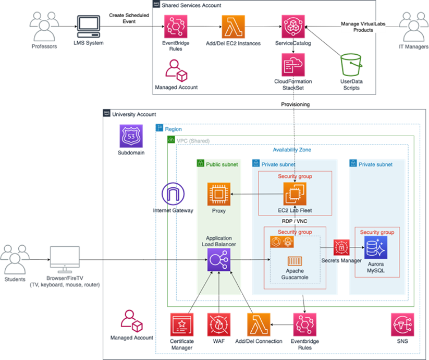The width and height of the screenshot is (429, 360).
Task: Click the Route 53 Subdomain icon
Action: pyautogui.click(x=131, y=136)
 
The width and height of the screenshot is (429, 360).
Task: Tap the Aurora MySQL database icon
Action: pyautogui.click(x=376, y=247)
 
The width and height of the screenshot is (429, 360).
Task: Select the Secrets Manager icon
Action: pyautogui.click(x=341, y=247)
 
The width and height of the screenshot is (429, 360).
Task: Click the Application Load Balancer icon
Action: pyautogui.click(x=218, y=260)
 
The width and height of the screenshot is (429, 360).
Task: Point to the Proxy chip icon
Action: pyautogui.click(x=218, y=194)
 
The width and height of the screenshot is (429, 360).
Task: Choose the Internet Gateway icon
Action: pyautogui.click(x=173, y=194)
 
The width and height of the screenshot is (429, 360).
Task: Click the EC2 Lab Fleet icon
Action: pyautogui.click(x=295, y=194)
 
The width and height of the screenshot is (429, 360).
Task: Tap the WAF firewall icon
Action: pyautogui.click(x=218, y=325)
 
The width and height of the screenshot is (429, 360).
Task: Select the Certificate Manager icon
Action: pyautogui.click(x=182, y=325)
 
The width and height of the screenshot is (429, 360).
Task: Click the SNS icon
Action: pyautogui.click(x=402, y=325)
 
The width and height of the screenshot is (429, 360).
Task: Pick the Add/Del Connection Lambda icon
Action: pyautogui.click(x=259, y=325)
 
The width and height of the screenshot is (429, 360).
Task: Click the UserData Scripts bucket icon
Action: pyautogui.click(x=351, y=65)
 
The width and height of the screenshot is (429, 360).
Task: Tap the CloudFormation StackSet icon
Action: pyautogui.click(x=293, y=65)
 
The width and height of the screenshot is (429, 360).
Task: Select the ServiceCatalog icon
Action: pyautogui.click(x=293, y=27)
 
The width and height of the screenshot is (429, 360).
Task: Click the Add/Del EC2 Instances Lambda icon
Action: pyautogui.click(x=233, y=27)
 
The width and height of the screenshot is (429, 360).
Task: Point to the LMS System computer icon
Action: pyautogui.click(x=89, y=27)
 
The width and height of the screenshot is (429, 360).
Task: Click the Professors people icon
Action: pyautogui.click(x=44, y=27)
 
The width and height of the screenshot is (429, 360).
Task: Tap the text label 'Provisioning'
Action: pyautogui.click(x=296, y=104)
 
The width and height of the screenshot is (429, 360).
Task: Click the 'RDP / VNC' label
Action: pyautogui.click(x=295, y=221)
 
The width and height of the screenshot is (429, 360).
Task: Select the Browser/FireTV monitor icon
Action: pyautogui.click(x=65, y=259)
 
